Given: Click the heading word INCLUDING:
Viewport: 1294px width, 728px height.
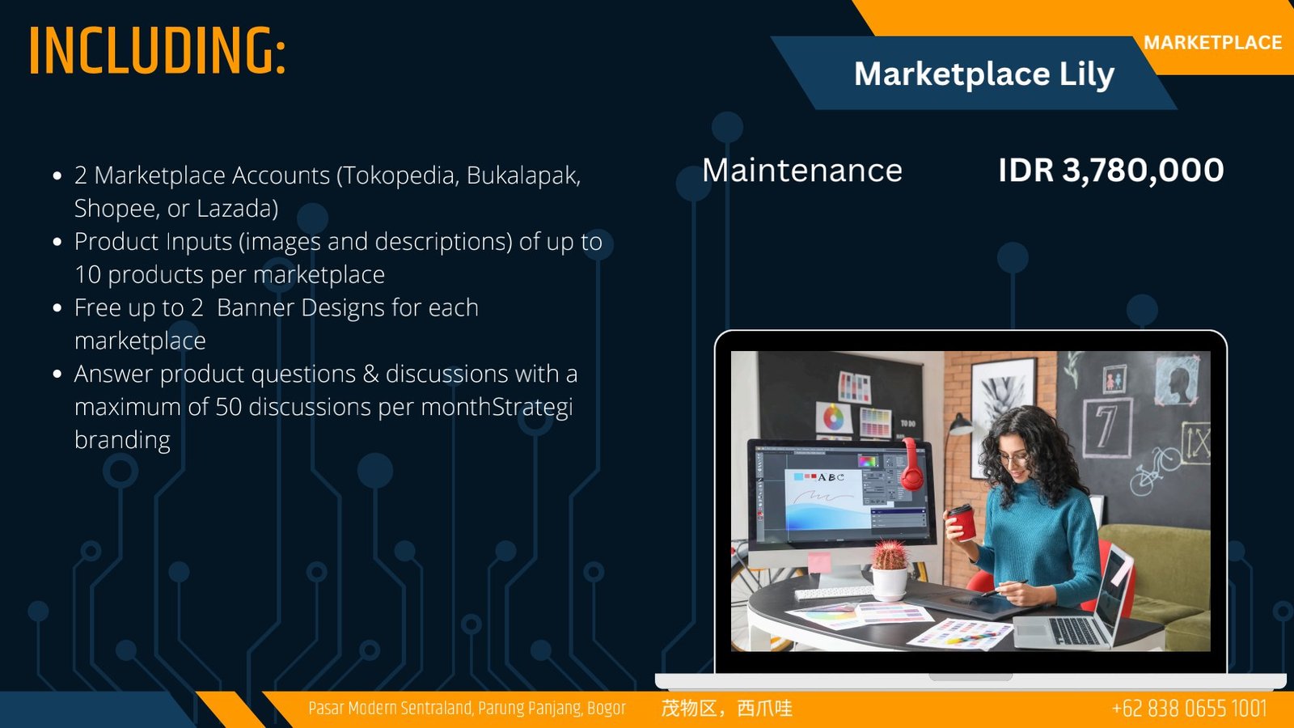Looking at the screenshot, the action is point(157,51).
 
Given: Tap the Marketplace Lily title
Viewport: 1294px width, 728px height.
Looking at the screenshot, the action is point(984,74).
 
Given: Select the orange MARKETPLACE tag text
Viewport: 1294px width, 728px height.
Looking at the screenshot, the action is point(1212,43).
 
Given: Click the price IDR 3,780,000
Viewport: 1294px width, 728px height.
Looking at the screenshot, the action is point(1111,170).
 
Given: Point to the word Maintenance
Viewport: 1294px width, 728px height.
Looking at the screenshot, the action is point(801,171).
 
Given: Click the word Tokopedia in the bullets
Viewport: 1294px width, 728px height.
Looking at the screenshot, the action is point(397,176).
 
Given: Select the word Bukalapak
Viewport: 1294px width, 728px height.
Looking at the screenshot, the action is point(523,176).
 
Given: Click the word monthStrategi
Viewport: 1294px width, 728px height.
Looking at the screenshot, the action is point(497,408).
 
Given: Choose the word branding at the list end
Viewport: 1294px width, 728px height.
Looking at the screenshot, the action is point(122,440).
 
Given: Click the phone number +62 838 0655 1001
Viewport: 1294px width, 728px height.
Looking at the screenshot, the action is point(1190,709).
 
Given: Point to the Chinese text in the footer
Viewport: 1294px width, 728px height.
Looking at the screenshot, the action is point(727,709).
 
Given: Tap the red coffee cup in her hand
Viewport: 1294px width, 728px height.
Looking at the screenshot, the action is point(962,523).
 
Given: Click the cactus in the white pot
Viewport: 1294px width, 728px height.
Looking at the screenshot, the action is point(890,555).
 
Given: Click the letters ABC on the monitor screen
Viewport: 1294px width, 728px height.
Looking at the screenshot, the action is point(831,477).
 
